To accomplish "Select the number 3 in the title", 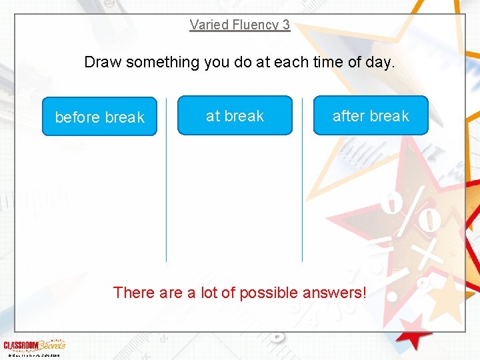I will point(286,25).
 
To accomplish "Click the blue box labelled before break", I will point(99,117).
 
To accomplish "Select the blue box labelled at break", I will point(235,115).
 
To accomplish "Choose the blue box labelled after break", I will point(371,115).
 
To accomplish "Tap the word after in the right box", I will point(349,116).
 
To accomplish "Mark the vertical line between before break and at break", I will point(167,200).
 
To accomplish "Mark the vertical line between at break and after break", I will point(302,200).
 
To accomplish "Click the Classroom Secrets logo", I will point(34,345).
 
